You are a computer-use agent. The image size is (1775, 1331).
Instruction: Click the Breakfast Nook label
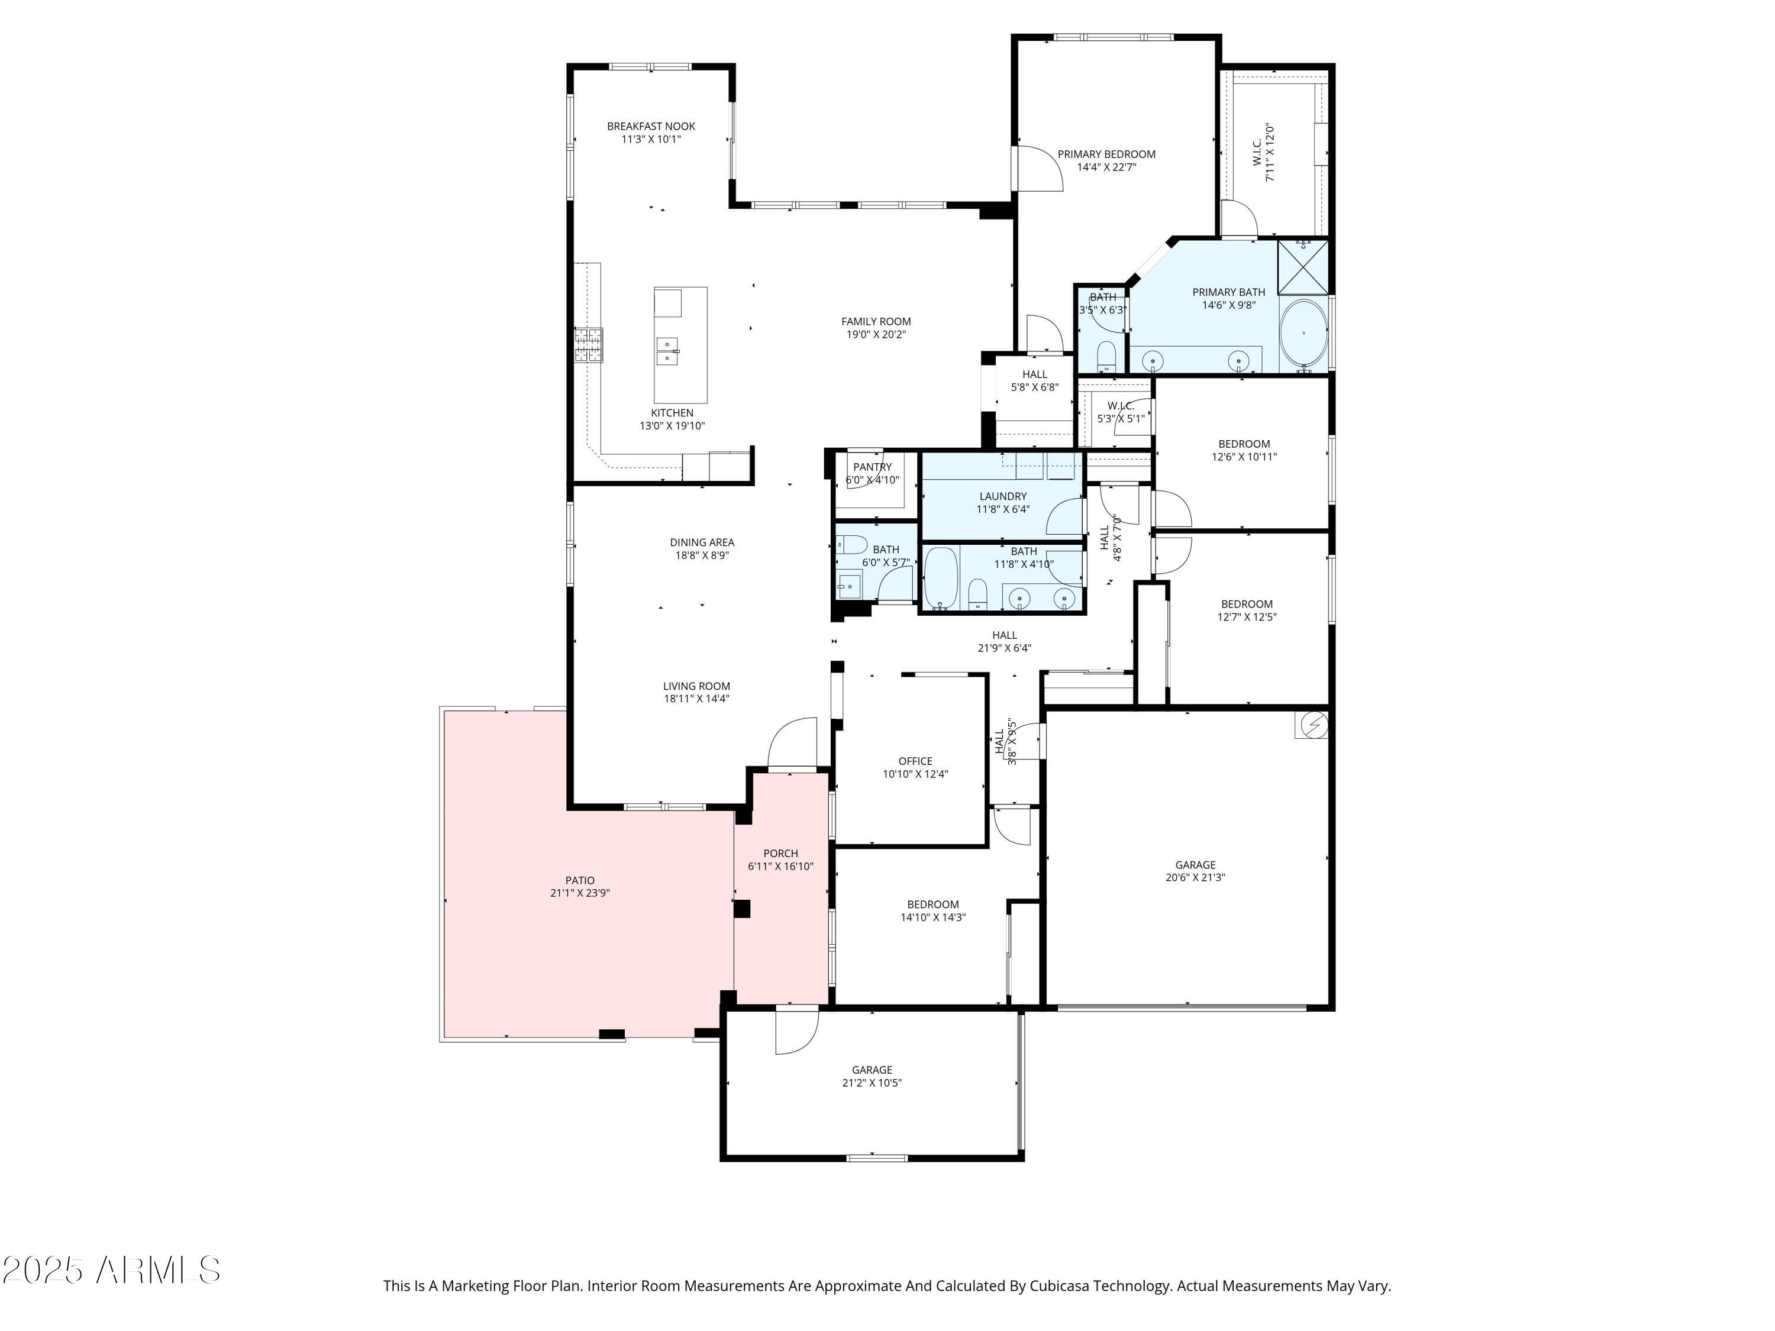[x=651, y=126]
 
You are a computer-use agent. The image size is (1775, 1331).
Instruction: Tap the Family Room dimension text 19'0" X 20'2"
[x=876, y=335]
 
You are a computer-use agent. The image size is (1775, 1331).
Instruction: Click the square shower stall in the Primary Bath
[x=1302, y=266]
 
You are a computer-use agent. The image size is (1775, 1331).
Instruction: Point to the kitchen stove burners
[x=588, y=345]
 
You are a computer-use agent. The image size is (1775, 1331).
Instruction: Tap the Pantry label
[x=872, y=467]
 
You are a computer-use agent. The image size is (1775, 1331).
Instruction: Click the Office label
[x=915, y=761]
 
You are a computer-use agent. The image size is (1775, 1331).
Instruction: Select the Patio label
[x=580, y=880]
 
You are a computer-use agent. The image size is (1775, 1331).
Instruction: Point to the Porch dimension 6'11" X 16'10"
[x=781, y=867]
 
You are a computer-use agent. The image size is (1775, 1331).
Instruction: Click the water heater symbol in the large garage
[x=1312, y=725]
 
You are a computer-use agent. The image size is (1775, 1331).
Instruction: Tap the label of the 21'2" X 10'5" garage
[x=872, y=1070]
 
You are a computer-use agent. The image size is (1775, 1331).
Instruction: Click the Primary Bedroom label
[x=1106, y=154]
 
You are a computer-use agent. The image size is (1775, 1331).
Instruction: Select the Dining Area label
[x=702, y=542]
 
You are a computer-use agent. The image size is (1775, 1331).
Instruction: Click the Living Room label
[x=696, y=686]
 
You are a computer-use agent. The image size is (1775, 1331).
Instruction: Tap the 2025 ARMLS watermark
[x=112, y=1270]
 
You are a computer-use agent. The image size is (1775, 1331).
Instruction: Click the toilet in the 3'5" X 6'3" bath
[x=1106, y=356]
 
